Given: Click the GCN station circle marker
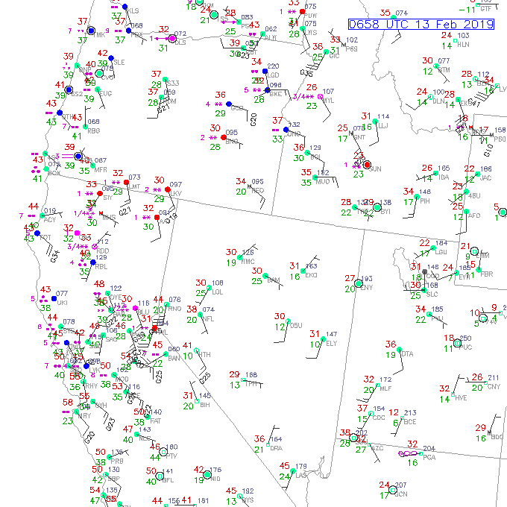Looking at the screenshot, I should coord(394,490).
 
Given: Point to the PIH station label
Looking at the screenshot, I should coord(427,201).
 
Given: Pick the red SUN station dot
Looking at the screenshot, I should coord(367,165).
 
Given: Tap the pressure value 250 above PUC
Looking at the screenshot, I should coord(465,338).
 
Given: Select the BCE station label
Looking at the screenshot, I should coord(409,421).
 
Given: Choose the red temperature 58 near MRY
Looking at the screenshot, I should coord(69,403).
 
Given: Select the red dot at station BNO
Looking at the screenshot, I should coord(223,138).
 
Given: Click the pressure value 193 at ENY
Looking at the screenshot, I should coord(367,279).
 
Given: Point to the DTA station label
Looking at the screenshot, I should coord(406,354).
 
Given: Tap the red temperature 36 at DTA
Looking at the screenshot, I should coord(390,344).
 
